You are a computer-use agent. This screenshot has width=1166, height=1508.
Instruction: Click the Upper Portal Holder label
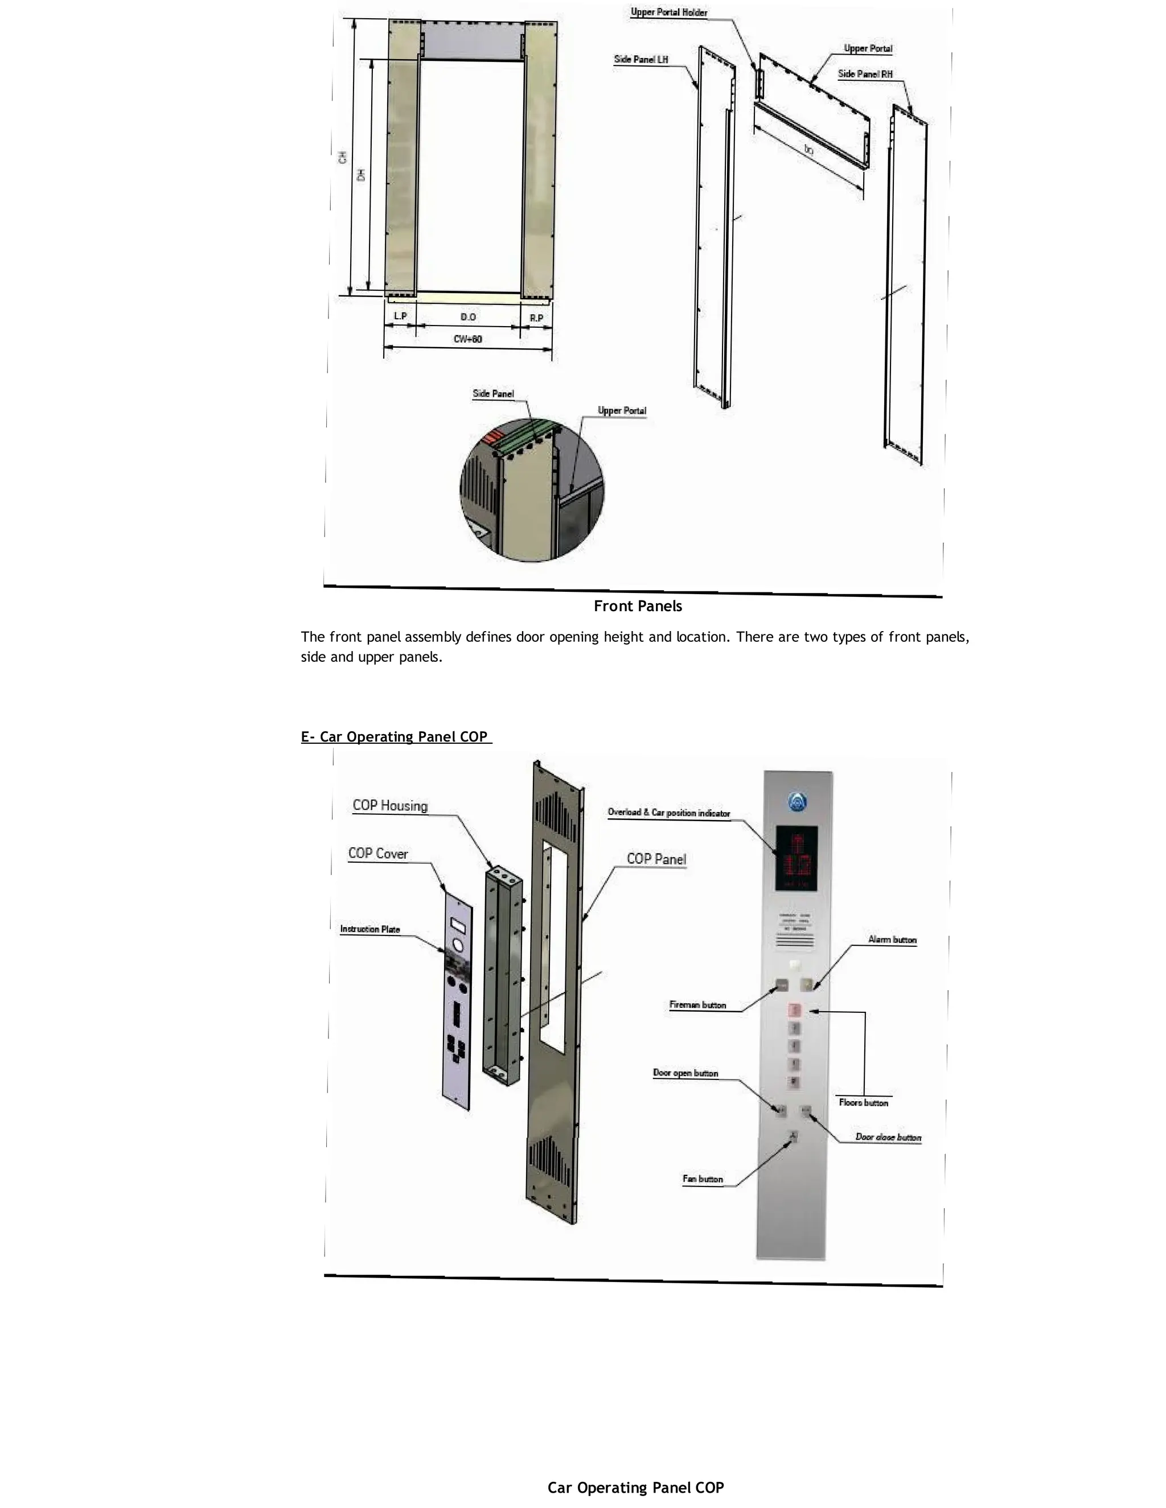coord(668,13)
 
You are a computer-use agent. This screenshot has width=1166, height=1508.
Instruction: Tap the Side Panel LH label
coord(641,59)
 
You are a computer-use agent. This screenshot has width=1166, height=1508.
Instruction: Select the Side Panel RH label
coord(865,74)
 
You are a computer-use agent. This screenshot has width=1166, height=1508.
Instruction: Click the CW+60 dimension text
coord(467,339)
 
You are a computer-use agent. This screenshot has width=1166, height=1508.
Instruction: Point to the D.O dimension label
coord(467,317)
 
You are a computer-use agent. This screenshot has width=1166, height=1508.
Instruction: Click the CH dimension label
coord(343,158)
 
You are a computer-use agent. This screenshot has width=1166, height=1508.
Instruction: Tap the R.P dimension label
coord(536,318)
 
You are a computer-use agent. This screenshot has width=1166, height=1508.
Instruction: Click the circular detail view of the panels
coord(531,489)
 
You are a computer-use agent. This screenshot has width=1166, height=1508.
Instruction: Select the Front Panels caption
coord(638,606)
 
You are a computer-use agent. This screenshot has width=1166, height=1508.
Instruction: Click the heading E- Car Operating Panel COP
coord(395,737)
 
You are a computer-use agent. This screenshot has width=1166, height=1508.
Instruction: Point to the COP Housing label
coord(389,806)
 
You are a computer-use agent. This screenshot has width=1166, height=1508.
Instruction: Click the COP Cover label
coord(378,854)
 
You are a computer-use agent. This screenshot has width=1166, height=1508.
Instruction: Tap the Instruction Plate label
coord(369,929)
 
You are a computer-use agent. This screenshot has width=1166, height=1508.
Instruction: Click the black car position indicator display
coord(797,858)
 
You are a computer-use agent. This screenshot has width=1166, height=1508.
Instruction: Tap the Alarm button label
coord(892,940)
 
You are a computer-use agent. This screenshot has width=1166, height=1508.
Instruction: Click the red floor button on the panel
coord(794,1010)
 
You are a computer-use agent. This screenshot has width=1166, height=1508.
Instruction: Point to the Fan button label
coord(703,1179)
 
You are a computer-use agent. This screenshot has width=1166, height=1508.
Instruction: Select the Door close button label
coord(888,1136)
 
